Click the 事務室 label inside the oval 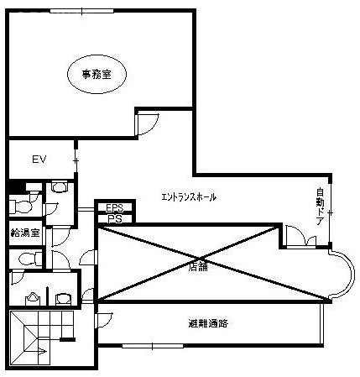pos(97,74)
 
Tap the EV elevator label pos(39,160)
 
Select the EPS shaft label pos(115,208)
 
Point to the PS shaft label pos(115,219)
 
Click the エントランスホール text pos(189,197)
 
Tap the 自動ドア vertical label pos(321,207)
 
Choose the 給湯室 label pos(25,233)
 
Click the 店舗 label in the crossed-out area pos(199,267)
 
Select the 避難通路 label pos(208,323)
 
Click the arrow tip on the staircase pos(46,351)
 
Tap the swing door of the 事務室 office pos(147,124)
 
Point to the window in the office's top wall pos(82,11)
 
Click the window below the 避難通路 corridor pos(153,346)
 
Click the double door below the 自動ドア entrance pos(300,237)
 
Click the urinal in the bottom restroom pos(33,300)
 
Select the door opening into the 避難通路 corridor pos(103,320)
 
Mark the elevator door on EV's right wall pos(76,160)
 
